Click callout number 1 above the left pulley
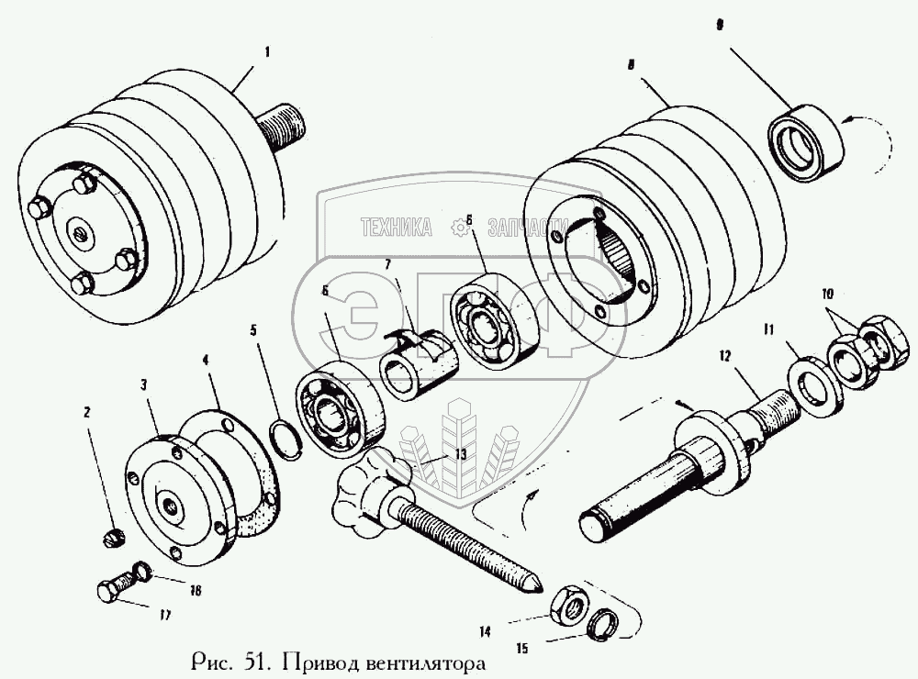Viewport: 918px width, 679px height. (267, 51)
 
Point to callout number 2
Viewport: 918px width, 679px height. (87, 412)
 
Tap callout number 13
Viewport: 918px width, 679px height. (460, 454)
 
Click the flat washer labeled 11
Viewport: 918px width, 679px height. (816, 383)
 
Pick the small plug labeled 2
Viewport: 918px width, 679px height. (114, 538)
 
